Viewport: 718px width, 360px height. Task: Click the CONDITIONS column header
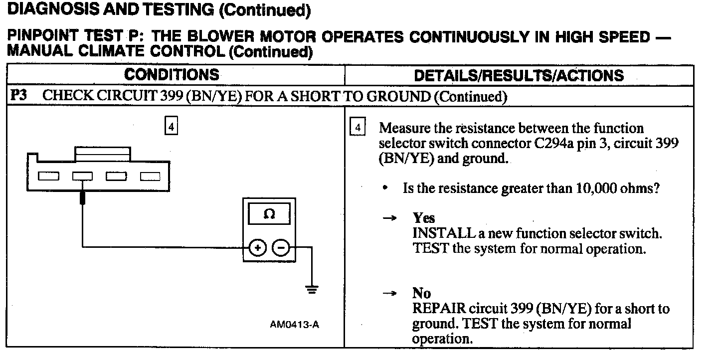coord(172,75)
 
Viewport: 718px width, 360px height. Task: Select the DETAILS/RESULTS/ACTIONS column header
coord(519,75)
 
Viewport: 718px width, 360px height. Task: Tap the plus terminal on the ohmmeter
coord(257,247)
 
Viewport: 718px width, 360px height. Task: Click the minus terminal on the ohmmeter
coord(281,247)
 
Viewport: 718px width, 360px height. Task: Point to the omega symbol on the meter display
coord(269,214)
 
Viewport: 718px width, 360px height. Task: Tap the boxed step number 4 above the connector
coord(171,127)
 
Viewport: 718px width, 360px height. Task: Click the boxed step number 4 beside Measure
coord(358,128)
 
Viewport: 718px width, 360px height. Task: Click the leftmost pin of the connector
coord(48,176)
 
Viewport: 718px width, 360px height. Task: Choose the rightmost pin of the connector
coord(150,176)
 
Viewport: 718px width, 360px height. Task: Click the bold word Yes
coord(424,218)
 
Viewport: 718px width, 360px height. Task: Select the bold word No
coord(422,293)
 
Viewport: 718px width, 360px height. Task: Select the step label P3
coord(18,96)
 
